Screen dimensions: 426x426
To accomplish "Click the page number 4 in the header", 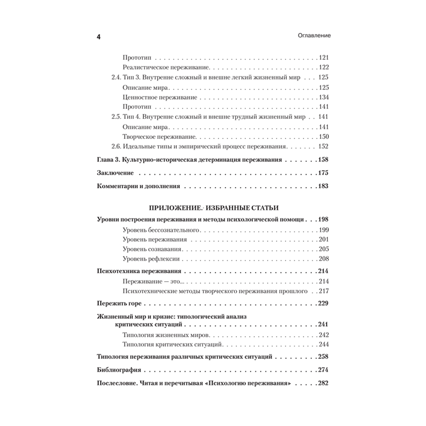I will tap(98, 37).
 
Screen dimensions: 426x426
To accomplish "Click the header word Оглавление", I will tap(314, 37).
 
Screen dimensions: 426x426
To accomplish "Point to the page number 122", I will tap(324, 67).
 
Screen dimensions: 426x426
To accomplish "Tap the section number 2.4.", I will tap(111, 78).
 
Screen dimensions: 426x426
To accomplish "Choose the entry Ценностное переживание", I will tap(154, 97).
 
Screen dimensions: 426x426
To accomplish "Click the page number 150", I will tap(324, 137).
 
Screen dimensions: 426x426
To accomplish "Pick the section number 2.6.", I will tap(111, 147).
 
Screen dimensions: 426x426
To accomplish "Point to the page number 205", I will tap(324, 249).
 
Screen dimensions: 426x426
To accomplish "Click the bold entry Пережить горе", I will tap(119, 305).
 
